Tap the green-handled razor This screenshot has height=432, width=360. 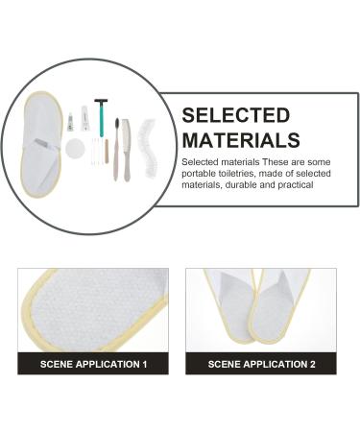pyautogui.click(x=101, y=120)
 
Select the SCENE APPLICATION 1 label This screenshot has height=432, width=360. pyautogui.click(x=93, y=365)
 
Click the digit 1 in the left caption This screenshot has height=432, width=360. pyautogui.click(x=144, y=365)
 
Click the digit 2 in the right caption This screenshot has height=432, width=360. pyautogui.click(x=312, y=365)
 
